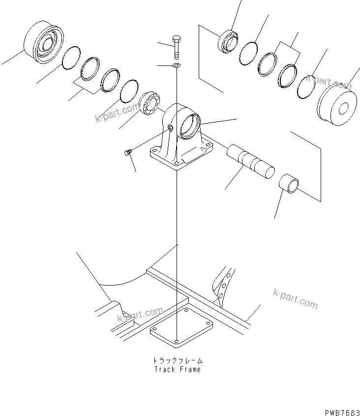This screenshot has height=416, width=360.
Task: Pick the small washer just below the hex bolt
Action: click(176, 65)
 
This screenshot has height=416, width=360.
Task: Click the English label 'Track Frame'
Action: click(178, 369)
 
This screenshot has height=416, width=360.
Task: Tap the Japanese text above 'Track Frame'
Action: click(178, 360)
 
